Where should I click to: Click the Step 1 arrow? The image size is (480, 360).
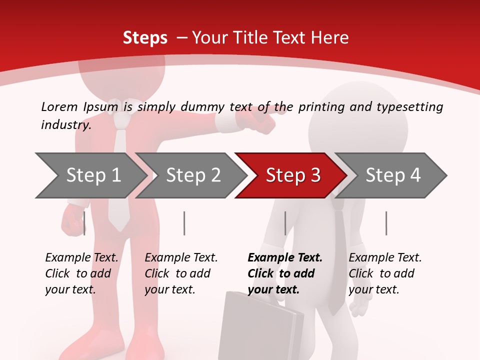click(93, 175)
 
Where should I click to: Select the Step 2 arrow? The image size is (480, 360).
click(193, 175)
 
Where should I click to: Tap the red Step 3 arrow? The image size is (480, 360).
click(292, 175)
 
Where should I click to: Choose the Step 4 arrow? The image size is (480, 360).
click(392, 175)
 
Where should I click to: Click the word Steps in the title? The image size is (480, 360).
click(145, 37)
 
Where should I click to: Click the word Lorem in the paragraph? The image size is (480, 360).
click(59, 106)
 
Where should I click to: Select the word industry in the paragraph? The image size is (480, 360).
click(66, 124)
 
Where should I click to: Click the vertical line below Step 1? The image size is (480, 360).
click(84, 223)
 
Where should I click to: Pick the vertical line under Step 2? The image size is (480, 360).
click(184, 223)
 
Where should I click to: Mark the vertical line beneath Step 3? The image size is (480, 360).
click(285, 223)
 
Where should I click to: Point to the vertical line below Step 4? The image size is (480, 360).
click(386, 223)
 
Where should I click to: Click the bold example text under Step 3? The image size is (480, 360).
click(284, 273)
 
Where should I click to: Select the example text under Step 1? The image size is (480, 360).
click(81, 273)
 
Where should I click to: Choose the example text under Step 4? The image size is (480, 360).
click(385, 273)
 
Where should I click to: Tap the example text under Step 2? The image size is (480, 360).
click(181, 273)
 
